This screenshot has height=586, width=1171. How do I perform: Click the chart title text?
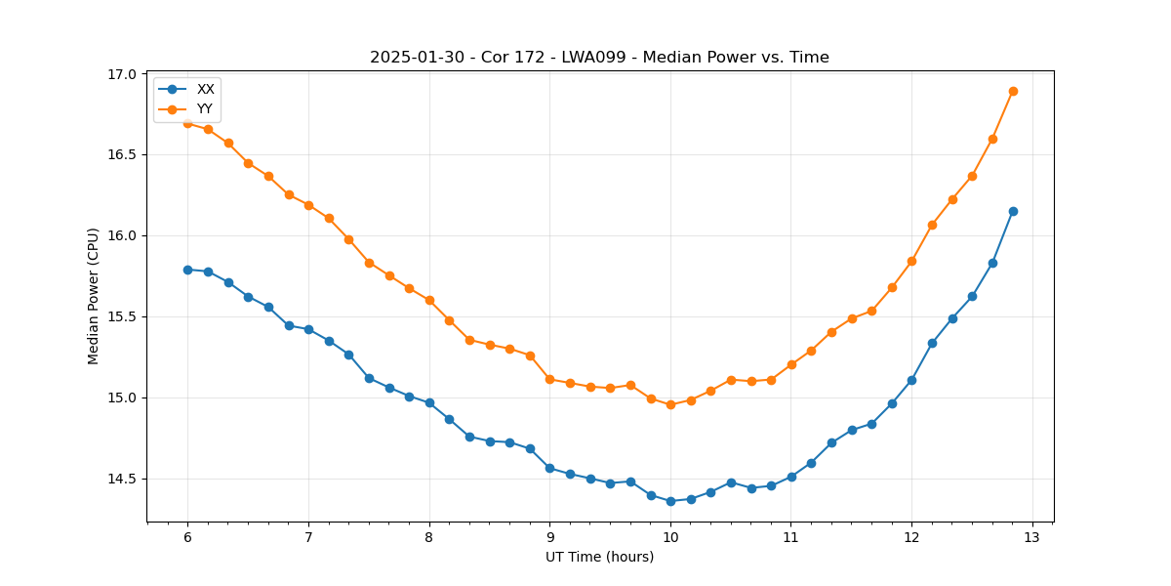[x=599, y=58]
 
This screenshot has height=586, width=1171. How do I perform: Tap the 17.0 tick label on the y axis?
[x=123, y=74]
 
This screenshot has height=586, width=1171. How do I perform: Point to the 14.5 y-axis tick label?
[x=123, y=479]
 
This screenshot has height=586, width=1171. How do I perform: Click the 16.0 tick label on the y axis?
[x=123, y=235]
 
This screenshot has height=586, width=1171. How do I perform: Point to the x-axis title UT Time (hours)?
[x=599, y=557]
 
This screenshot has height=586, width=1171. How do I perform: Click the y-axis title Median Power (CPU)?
[x=94, y=296]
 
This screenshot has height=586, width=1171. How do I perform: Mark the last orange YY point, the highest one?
[x=1013, y=91]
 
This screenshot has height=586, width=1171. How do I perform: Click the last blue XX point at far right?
[x=1013, y=211]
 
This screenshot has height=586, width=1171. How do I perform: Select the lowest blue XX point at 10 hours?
[x=670, y=501]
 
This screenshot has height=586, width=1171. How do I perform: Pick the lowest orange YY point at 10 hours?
[x=670, y=404]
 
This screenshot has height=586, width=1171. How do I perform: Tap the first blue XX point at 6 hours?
[x=187, y=270]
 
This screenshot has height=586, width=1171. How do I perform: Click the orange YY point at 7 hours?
[x=308, y=205]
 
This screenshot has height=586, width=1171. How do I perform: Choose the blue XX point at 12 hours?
[x=911, y=380]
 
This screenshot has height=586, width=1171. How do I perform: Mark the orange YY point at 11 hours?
[x=791, y=364]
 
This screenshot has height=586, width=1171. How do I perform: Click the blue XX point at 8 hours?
[x=429, y=402]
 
